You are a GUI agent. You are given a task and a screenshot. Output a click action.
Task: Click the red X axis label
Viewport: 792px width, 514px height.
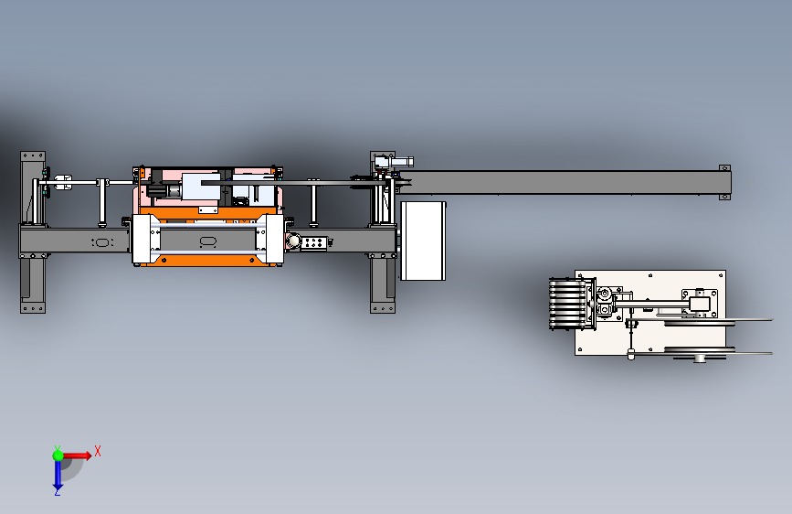pyautogui.click(x=98, y=451)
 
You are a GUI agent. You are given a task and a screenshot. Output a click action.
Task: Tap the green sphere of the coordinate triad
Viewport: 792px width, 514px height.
pyautogui.click(x=58, y=455)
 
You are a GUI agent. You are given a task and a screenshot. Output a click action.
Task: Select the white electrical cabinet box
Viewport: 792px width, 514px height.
pyautogui.click(x=423, y=241)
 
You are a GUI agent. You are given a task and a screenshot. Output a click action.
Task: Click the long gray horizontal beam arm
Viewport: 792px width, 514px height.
pyautogui.click(x=564, y=182)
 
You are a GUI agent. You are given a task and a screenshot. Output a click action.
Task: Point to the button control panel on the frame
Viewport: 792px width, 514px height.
pyautogui.click(x=314, y=242)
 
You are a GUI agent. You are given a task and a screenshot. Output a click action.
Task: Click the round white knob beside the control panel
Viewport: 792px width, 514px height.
pyautogui.click(x=293, y=241)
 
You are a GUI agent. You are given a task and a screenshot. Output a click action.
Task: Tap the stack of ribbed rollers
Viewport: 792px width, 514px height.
pyautogui.click(x=569, y=304)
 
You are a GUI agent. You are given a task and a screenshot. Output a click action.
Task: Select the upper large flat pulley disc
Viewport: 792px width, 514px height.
pyautogui.click(x=718, y=321)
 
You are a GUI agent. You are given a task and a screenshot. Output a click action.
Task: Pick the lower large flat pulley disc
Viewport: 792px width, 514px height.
pyautogui.click(x=718, y=351)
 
